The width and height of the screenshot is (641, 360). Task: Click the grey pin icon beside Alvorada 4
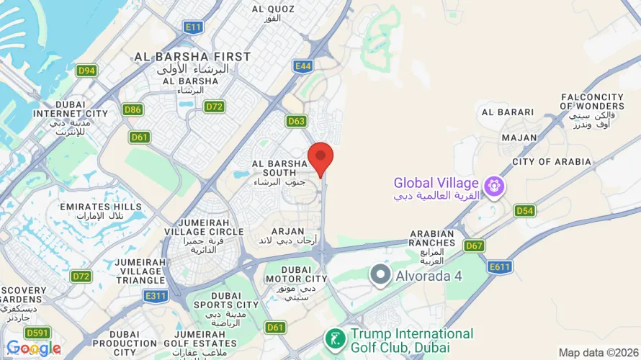(380, 275)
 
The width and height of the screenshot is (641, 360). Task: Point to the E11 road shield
(193, 27)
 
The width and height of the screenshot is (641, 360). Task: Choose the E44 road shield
(303, 66)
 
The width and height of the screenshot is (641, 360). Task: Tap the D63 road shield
(296, 121)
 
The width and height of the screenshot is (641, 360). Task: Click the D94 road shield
(86, 71)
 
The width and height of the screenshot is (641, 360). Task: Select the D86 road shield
(132, 110)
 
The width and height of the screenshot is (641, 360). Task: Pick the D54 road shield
(524, 210)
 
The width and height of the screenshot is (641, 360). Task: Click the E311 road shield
(155, 296)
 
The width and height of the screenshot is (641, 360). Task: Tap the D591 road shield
(37, 333)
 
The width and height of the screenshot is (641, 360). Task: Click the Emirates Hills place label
(101, 212)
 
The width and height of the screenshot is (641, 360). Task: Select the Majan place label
(519, 138)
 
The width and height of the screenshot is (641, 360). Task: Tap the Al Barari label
(508, 112)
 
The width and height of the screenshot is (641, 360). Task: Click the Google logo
(33, 348)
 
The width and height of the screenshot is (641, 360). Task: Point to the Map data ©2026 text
(597, 353)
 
